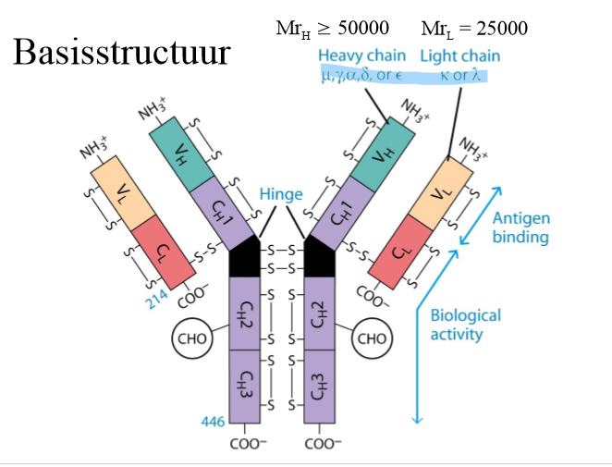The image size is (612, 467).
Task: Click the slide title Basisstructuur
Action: (120, 54)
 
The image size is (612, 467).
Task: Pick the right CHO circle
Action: (373, 338)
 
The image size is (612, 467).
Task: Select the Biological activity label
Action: (465, 324)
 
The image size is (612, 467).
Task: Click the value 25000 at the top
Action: (500, 28)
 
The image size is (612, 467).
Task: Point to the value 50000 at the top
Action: (371, 28)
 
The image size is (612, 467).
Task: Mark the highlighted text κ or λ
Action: (464, 74)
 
